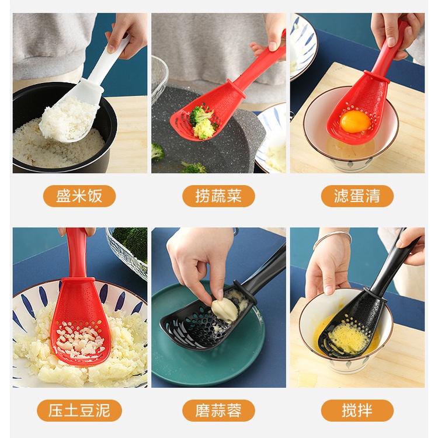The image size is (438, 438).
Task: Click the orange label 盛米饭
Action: [79, 196]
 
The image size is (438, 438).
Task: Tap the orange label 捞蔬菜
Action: [218, 196]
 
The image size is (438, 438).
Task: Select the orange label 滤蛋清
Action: [357, 196]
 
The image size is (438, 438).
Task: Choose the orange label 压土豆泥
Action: [79, 411]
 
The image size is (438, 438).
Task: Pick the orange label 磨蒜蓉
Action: [218, 411]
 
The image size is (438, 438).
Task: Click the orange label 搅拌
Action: [357, 411]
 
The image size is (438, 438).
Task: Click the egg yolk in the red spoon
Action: [355, 122]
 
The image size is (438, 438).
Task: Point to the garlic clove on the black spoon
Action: [225, 310]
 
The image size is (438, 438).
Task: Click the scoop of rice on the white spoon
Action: [67, 120]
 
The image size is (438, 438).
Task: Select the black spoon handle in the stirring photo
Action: [394, 263]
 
